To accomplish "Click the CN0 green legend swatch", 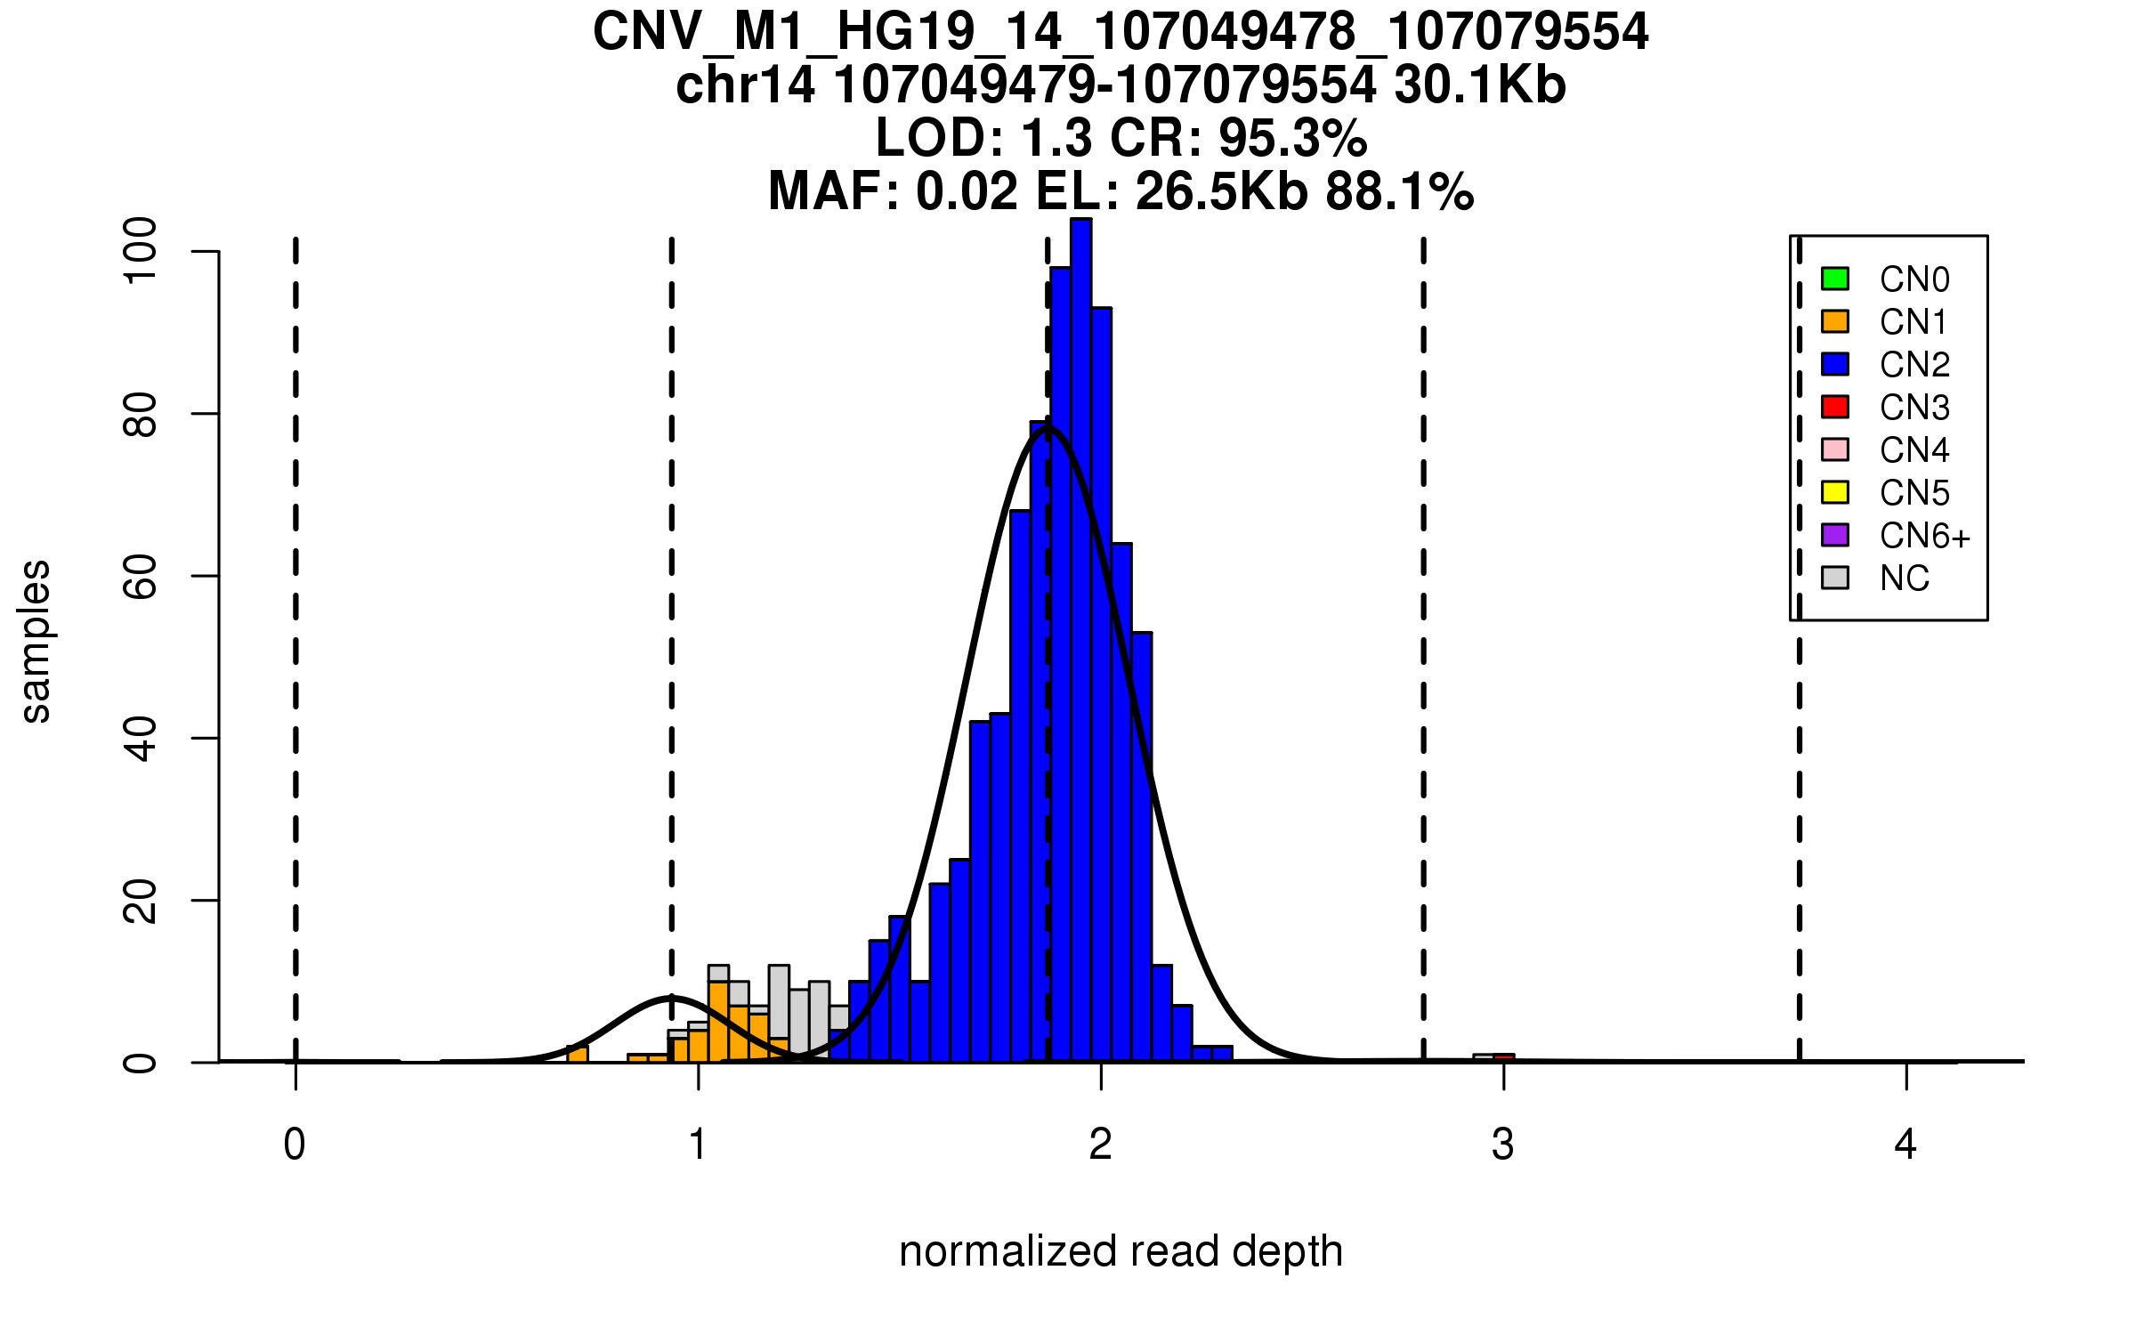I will (x=1835, y=279).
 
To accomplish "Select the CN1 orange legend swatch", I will (x=1835, y=321).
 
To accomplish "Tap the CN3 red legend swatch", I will (x=1835, y=407).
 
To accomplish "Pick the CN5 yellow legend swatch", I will (x=1835, y=492).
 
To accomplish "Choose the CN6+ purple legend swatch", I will (x=1835, y=535).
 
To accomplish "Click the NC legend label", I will (x=1904, y=578).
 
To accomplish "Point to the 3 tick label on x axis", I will (x=1503, y=1145).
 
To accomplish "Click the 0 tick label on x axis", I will (x=295, y=1145).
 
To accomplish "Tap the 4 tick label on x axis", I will (x=1905, y=1145).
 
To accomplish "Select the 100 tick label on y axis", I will (x=141, y=252).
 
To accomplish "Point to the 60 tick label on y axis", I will (x=141, y=577).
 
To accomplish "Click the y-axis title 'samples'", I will (x=36, y=641).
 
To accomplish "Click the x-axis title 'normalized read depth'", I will (x=1121, y=1251).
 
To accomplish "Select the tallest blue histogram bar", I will (x=1080, y=641).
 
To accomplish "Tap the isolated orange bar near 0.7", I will (x=578, y=1054).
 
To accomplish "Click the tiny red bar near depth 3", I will (x=1504, y=1057).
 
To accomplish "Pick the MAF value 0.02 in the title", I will (x=967, y=192).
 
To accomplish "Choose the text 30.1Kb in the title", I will (x=1479, y=86).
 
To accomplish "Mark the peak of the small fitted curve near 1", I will (x=672, y=997).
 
